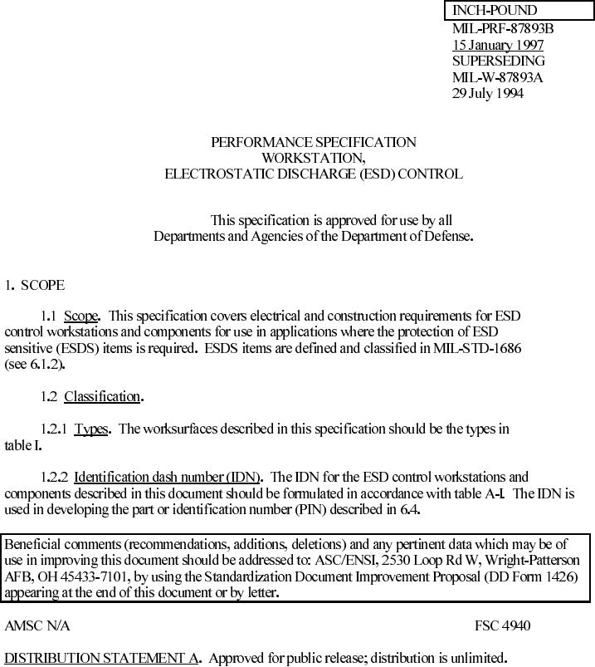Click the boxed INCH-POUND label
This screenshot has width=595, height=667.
pos(495,11)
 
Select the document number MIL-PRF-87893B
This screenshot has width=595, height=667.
pos(503,28)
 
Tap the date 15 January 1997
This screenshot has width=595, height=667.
pos(498,45)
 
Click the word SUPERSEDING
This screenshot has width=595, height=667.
pos(498,61)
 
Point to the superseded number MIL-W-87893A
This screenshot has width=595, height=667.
pos(498,77)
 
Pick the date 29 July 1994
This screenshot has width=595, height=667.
pos(488,93)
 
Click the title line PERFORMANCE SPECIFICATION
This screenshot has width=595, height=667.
pos(314,142)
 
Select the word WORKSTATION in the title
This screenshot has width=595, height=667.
pos(313,158)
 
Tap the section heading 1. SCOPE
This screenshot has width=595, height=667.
pos(34,285)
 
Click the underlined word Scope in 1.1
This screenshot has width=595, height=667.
pos(81,316)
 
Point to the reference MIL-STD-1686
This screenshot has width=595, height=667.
pos(477,348)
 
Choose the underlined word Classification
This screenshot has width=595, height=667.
pos(102,396)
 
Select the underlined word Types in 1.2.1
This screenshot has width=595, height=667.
pos(91,429)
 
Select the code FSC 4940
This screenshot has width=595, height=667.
pos(502,625)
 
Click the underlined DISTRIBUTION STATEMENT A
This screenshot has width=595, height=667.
pos(101,658)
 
